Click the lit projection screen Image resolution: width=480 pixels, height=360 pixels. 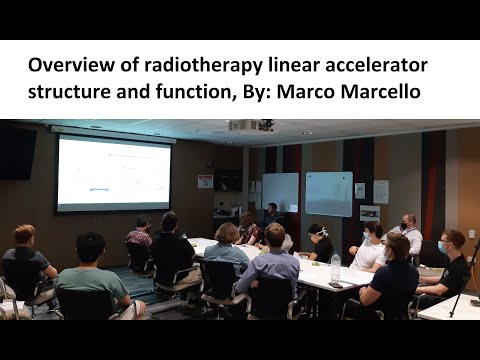pyautogui.click(x=113, y=173)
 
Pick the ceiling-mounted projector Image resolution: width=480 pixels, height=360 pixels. pyautogui.click(x=250, y=126)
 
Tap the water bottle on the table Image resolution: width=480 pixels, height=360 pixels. pyautogui.click(x=336, y=266)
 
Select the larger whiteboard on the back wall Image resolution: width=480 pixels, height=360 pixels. pyautogui.click(x=328, y=193)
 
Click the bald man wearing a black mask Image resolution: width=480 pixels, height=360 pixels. pyautogui.click(x=408, y=233)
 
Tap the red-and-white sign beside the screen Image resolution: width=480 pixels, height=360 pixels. pyautogui.click(x=205, y=181)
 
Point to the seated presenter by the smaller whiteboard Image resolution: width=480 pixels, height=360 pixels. pyautogui.click(x=270, y=214)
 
